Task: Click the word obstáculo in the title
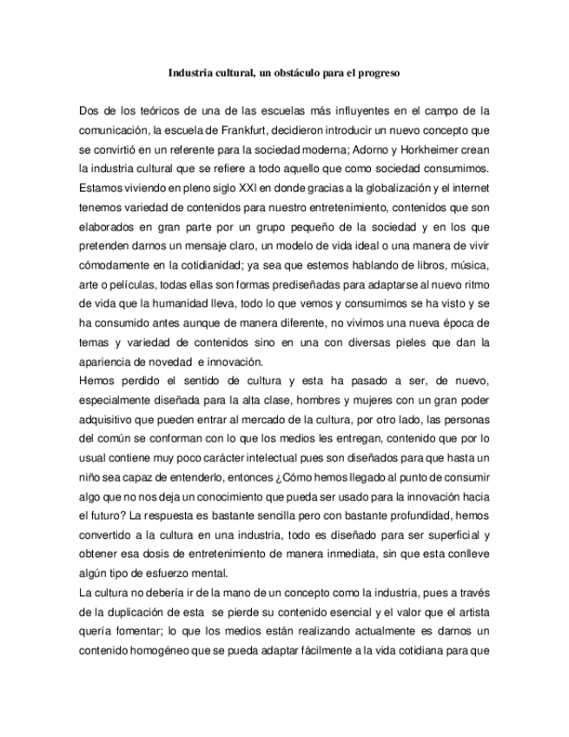pos(293,75)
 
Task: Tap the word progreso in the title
pos(375,75)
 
